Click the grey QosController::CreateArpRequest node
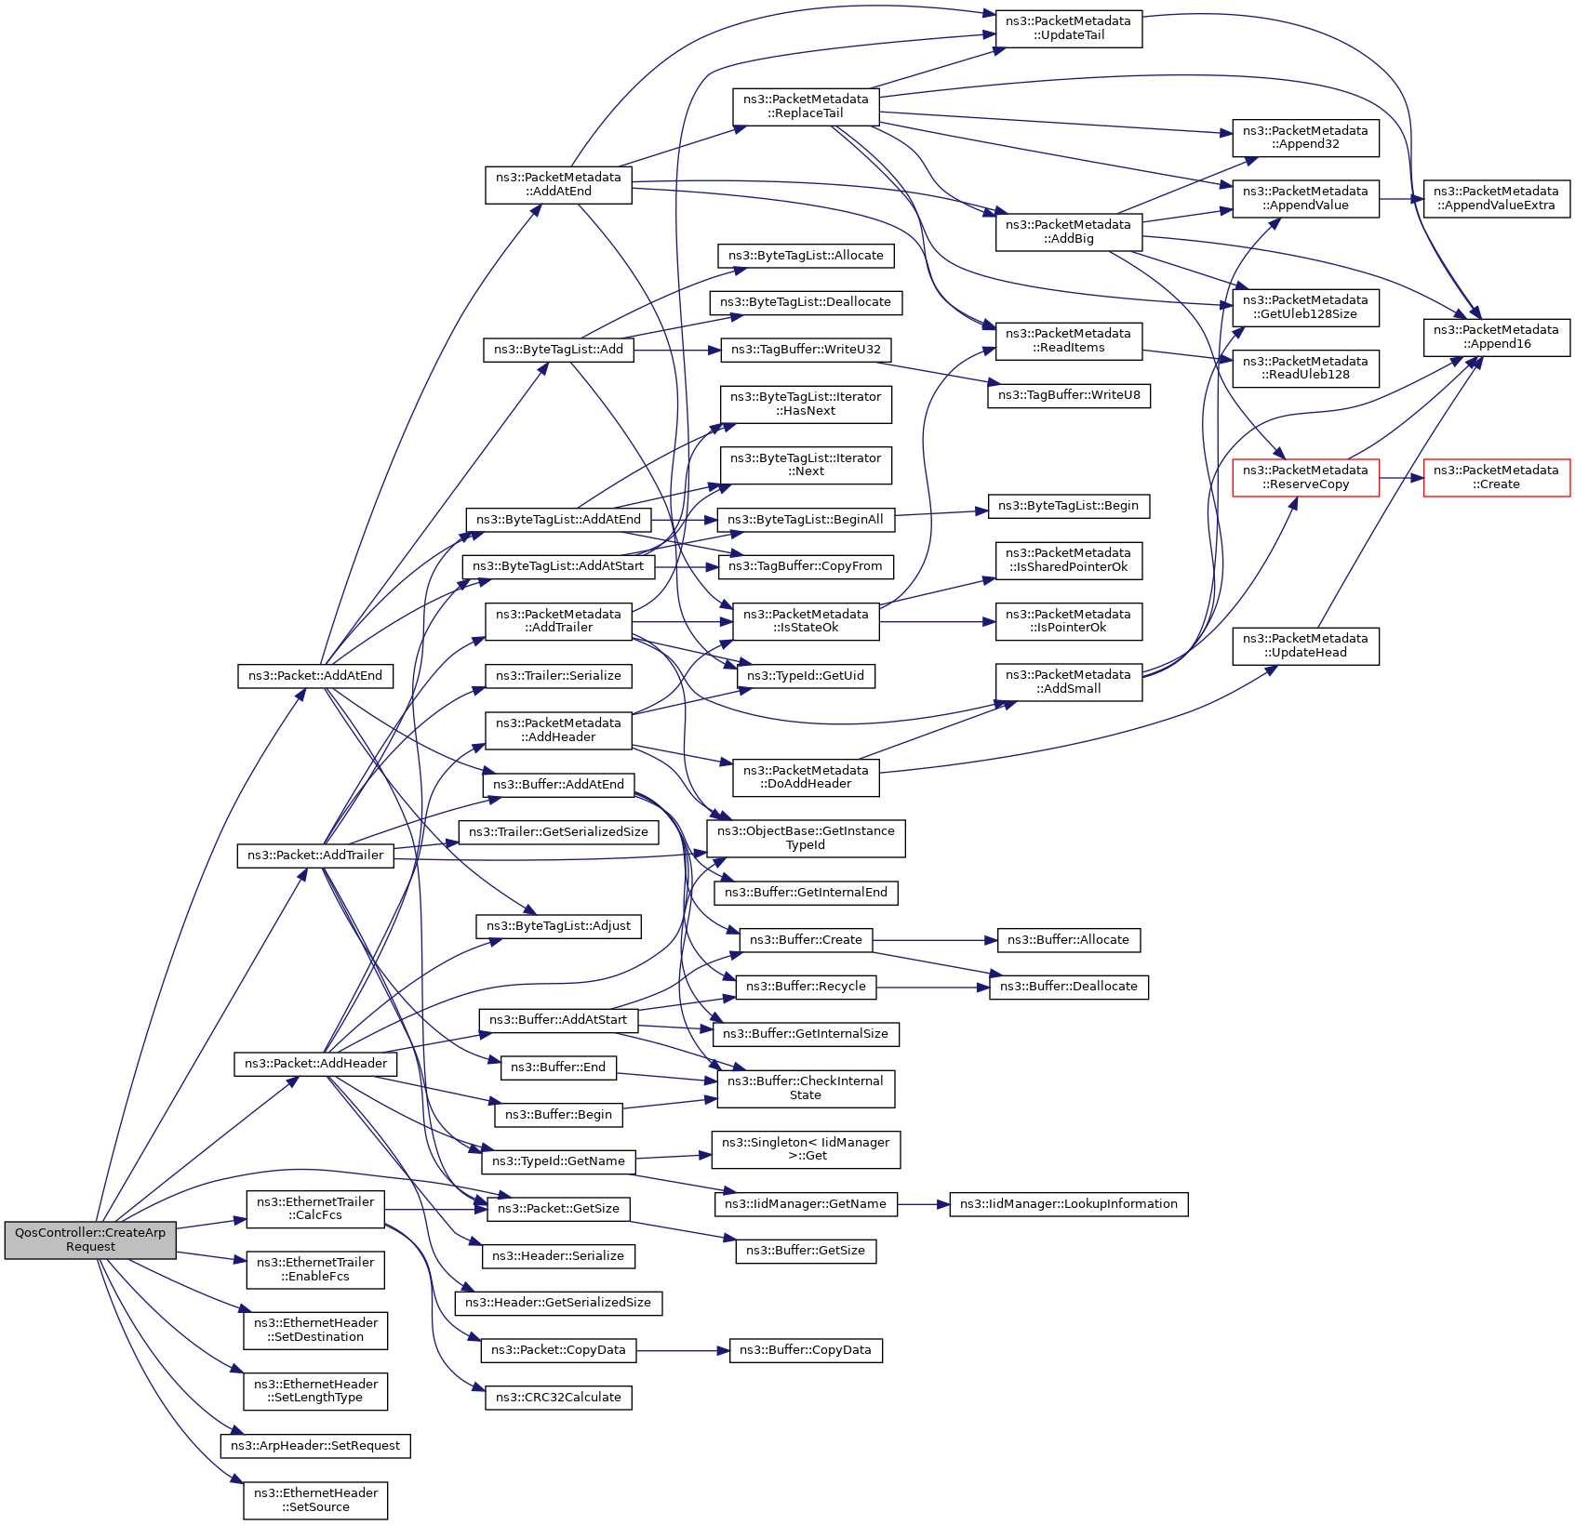[x=90, y=1240]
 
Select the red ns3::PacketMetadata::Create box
[x=1497, y=478]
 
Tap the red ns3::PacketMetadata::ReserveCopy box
[x=1305, y=478]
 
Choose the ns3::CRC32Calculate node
[x=558, y=1398]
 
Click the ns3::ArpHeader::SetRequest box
[x=315, y=1446]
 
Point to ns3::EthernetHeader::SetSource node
[x=315, y=1501]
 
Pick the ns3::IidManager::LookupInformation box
[x=1069, y=1204]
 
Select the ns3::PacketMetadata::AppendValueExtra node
[x=1497, y=199]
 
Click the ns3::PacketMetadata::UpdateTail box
[x=1069, y=28]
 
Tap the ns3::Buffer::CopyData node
[x=806, y=1350]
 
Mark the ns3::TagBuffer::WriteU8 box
[x=1069, y=395]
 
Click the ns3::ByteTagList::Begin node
[x=1069, y=506]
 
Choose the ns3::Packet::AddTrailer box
[x=315, y=855]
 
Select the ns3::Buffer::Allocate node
[x=1069, y=940]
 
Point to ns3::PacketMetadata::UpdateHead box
[x=1305, y=646]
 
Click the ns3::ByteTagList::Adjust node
[x=558, y=926]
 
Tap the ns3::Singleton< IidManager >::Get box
[x=806, y=1149]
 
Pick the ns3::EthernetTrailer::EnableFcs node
[x=315, y=1269]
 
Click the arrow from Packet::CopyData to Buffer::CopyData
[x=683, y=1350]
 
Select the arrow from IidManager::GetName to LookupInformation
[x=924, y=1204]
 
